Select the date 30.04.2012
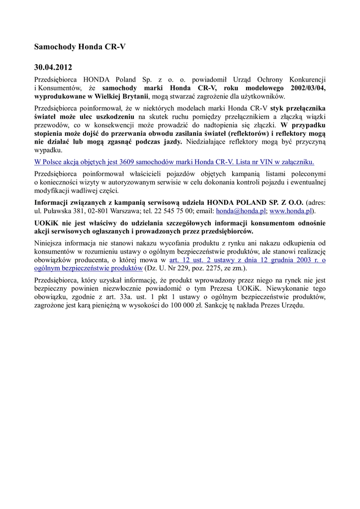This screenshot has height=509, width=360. click(x=53, y=67)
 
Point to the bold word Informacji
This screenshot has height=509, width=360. click(x=52, y=202)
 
